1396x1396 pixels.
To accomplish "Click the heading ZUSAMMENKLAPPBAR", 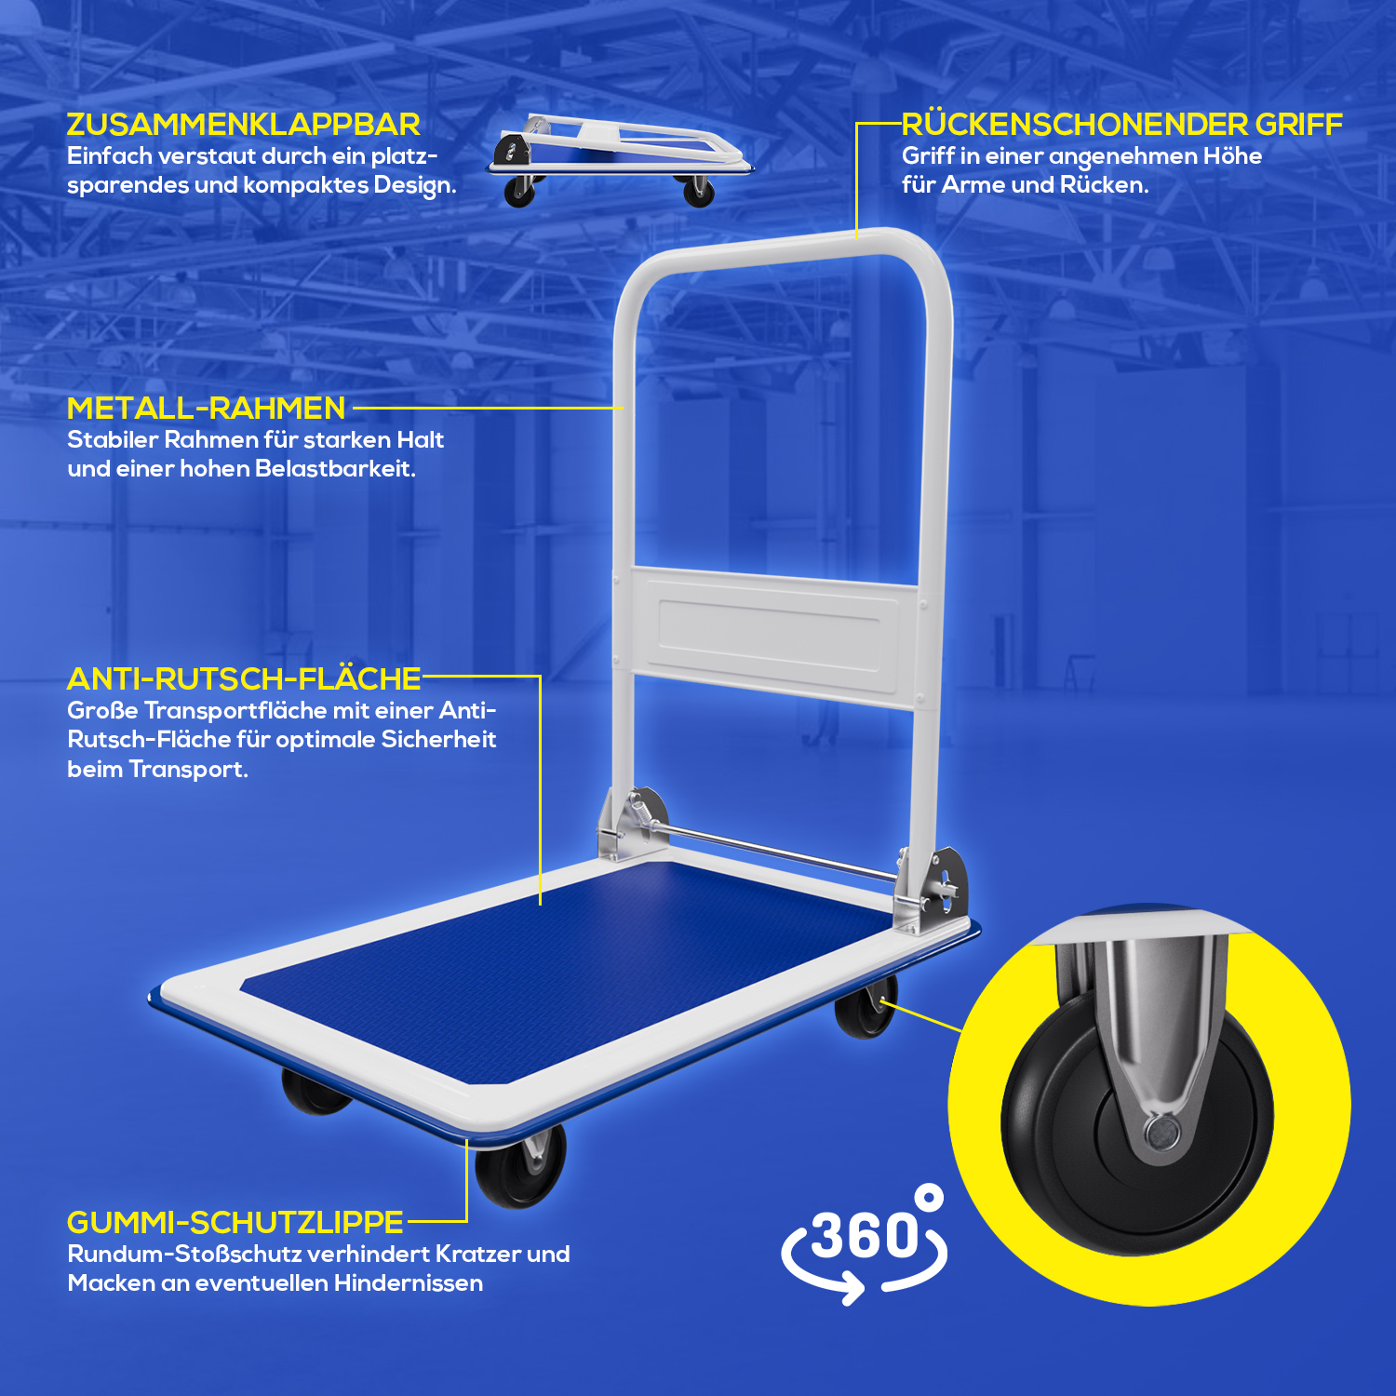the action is click(x=243, y=125).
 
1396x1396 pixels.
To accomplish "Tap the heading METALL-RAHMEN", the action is click(x=206, y=409).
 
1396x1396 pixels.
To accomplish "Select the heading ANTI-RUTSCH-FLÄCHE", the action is click(x=244, y=679).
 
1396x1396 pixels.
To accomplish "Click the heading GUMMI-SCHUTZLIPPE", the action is click(x=235, y=1222).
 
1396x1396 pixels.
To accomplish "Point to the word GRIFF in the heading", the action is click(x=1298, y=125).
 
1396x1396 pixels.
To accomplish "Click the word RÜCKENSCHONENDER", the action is click(x=1074, y=124).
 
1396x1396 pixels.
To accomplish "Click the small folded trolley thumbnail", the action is click(x=619, y=160).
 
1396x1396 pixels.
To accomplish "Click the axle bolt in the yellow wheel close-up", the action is click(x=1161, y=1133).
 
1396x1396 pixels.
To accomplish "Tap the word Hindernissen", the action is click(x=409, y=1283).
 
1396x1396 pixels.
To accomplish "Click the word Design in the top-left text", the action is click(x=414, y=185).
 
